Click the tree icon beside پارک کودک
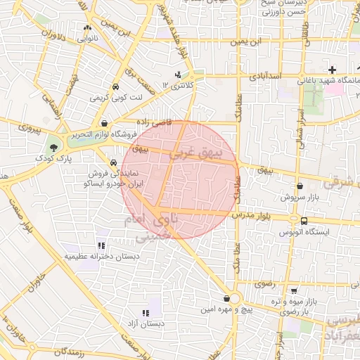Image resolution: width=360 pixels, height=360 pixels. (x=54, y=147)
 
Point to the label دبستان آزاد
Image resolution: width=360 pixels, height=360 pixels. (x=145, y=324)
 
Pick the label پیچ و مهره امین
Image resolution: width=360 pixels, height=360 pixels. (x=225, y=309)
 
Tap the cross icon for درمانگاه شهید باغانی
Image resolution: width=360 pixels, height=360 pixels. (x=333, y=70)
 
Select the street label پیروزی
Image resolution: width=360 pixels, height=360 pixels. (x=30, y=129)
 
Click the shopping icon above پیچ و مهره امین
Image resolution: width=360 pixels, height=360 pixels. (x=226, y=298)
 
